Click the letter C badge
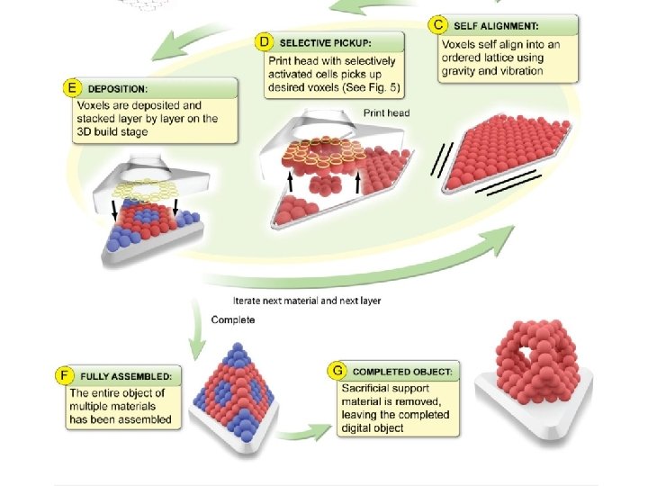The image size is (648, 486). coord(438,24)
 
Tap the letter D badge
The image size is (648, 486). coord(265,42)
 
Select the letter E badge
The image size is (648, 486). coord(71,88)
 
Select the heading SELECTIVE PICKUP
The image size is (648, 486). coord(325,42)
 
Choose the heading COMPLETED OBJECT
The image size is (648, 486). coord(402,370)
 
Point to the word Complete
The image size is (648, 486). coord(233,319)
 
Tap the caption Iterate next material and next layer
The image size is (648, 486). coord(306,301)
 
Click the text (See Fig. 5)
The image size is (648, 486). coord(372,88)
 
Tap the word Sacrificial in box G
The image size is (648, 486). coord(365,387)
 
